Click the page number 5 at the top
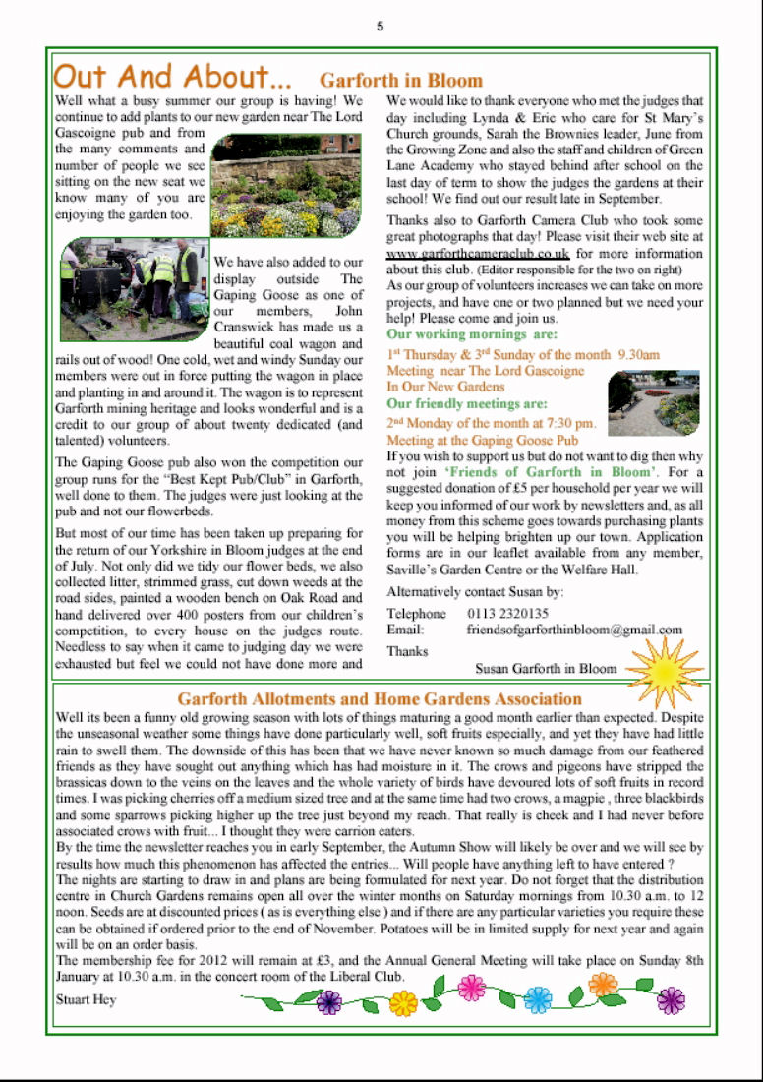[381, 27]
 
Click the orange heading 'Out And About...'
[172, 77]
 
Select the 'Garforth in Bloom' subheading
[401, 81]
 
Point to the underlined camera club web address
[478, 253]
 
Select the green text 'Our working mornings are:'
[472, 335]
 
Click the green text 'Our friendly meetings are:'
[467, 404]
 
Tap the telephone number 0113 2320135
[508, 613]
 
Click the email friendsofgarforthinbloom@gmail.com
[575, 630]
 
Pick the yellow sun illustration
[666, 671]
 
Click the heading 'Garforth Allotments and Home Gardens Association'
[381, 699]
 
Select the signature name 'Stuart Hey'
[87, 999]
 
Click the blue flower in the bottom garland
[537, 999]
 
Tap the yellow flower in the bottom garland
[403, 1003]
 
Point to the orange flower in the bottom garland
[603, 984]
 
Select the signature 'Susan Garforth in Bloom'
[546, 669]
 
